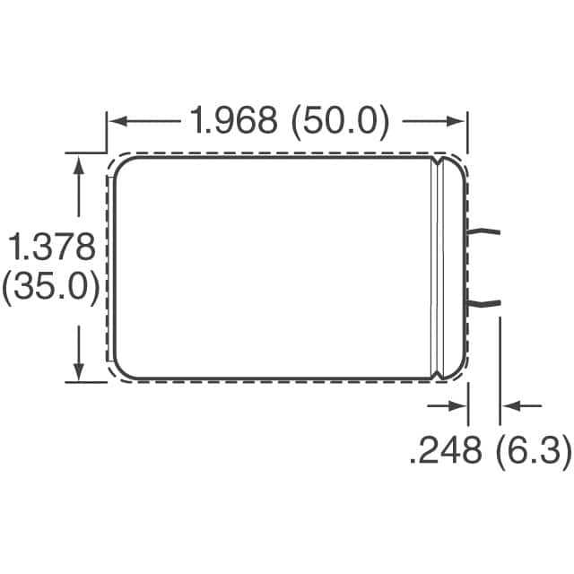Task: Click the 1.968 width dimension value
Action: [x=232, y=119]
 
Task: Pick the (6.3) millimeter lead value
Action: [x=533, y=451]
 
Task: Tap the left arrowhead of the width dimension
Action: [x=116, y=120]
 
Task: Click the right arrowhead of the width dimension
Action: [x=458, y=120]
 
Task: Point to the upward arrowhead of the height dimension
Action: [x=81, y=162]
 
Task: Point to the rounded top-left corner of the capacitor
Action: [x=122, y=166]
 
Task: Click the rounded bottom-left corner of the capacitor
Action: [x=122, y=370]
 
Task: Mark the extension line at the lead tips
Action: [x=500, y=377]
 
